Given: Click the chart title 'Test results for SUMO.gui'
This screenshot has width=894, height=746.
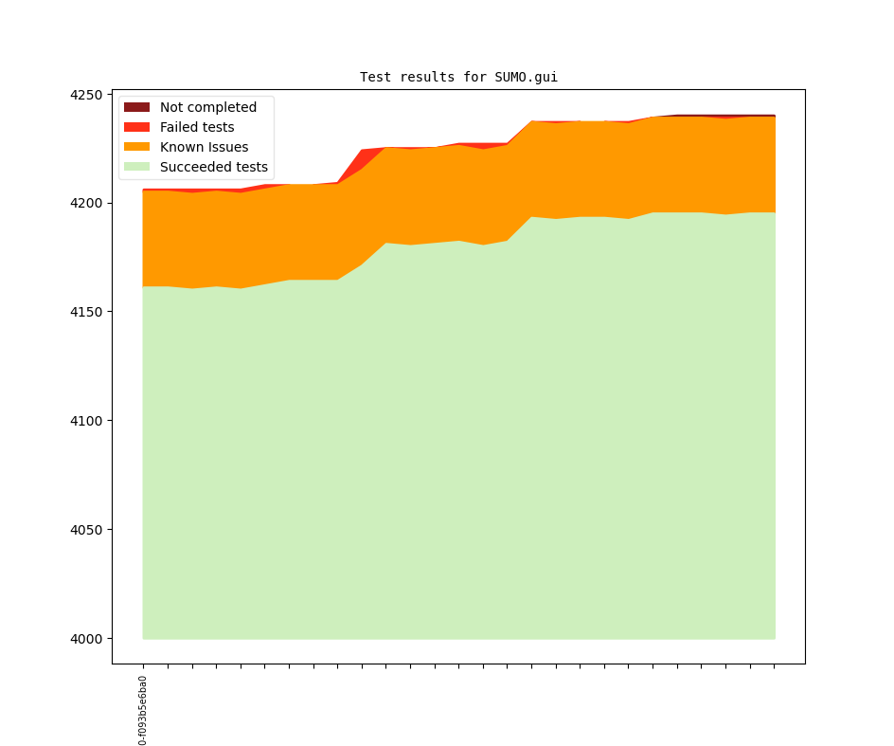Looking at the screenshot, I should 458,78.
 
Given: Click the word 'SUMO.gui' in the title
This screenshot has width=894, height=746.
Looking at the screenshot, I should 526,78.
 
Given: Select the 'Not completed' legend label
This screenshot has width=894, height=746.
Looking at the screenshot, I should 207,108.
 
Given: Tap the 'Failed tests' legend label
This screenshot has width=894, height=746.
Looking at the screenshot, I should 197,128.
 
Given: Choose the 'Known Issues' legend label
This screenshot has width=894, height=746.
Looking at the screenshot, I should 204,148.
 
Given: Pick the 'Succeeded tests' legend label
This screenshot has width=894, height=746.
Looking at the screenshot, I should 213,168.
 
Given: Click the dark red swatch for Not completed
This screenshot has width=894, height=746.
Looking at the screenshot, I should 137,108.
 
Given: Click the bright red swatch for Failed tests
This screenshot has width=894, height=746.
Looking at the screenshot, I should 137,128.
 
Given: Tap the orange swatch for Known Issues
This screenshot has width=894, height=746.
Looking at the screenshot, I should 137,148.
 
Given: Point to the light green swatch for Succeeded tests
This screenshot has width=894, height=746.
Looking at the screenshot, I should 137,168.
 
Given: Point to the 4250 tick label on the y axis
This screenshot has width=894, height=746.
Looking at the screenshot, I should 86,95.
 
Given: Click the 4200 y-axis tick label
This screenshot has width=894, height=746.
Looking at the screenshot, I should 86,204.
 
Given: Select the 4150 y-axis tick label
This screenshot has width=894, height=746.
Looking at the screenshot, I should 86,312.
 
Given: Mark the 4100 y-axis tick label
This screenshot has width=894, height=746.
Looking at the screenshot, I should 86,421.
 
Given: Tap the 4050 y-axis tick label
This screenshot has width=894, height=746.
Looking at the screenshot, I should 86,530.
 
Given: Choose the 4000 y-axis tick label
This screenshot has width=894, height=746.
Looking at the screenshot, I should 86,639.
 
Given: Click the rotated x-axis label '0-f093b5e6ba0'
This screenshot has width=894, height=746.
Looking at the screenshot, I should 143,710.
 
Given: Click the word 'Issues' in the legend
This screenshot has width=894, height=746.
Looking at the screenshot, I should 227,148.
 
